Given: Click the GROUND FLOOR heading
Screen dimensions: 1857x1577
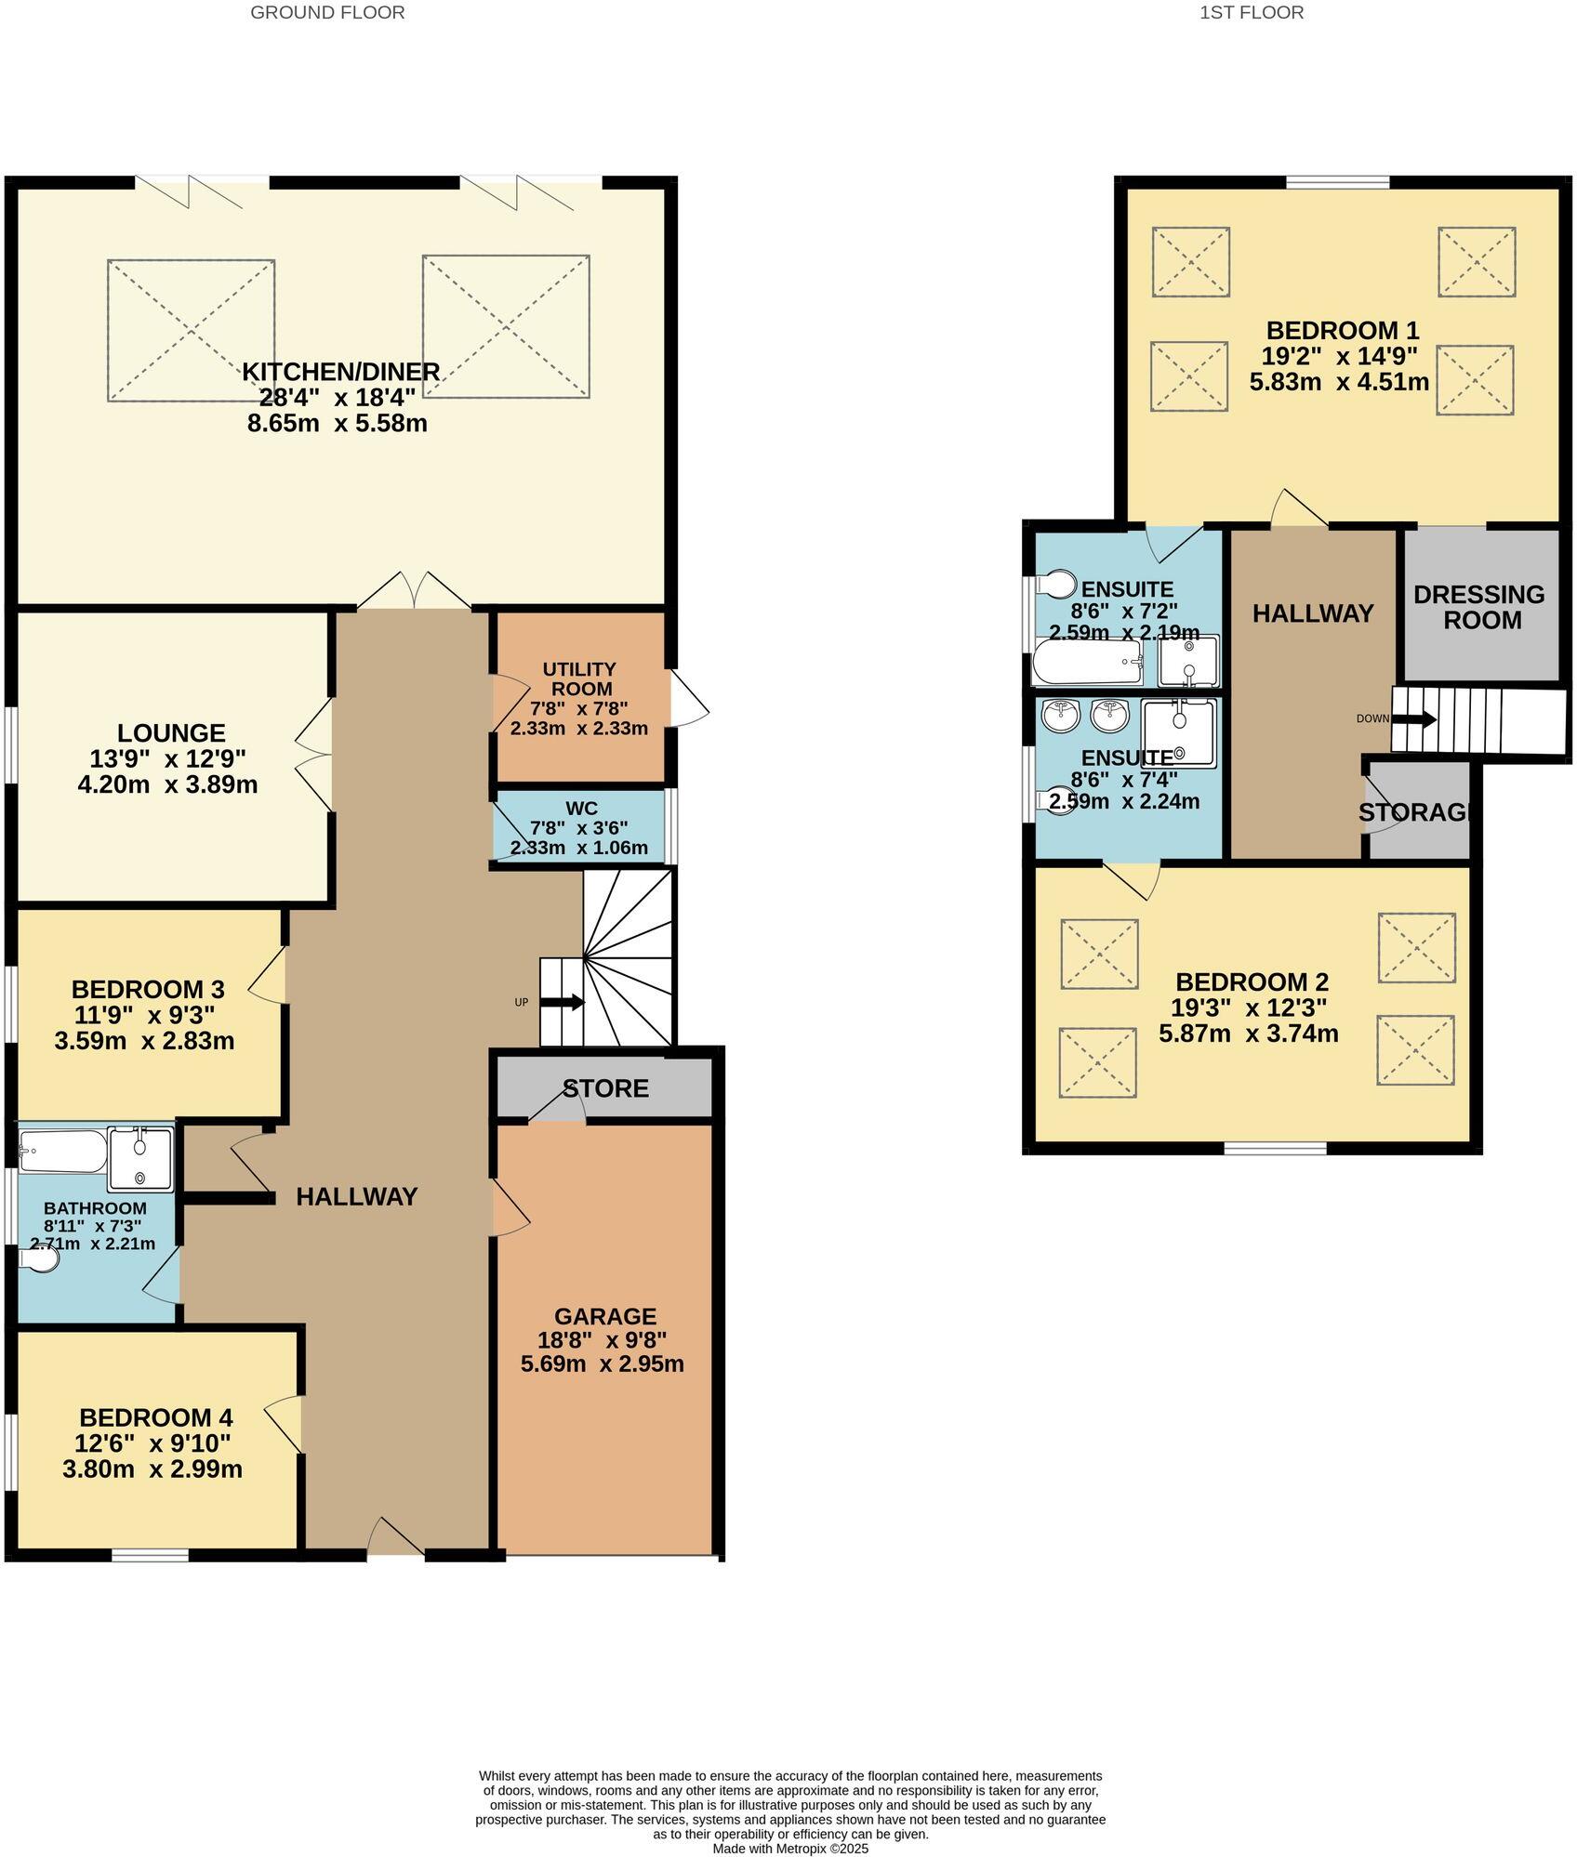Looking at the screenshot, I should [327, 13].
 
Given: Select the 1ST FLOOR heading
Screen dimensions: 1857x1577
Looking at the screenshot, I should [1252, 13].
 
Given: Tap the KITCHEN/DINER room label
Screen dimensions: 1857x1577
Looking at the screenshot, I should [340, 372].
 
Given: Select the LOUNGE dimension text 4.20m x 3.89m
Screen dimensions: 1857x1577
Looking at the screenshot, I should [167, 784].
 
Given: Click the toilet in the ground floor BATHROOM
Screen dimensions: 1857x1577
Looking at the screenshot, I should [42, 1258].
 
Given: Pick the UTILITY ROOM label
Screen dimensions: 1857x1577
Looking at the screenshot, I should [579, 679].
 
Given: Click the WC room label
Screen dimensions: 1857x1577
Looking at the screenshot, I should [581, 808].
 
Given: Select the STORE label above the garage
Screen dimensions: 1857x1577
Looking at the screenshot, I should [605, 1088].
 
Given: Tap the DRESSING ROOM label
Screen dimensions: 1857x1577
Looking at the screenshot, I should [1479, 607].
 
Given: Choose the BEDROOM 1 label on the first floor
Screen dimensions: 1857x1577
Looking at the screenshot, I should [1343, 330].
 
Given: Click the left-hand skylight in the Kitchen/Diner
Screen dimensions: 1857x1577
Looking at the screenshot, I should [191, 330].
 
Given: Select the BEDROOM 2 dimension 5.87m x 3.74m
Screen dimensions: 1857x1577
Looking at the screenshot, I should [1249, 1034].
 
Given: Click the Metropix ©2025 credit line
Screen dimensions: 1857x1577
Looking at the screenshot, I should [790, 1850].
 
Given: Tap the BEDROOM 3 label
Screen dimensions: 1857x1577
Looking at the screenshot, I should [148, 989].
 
